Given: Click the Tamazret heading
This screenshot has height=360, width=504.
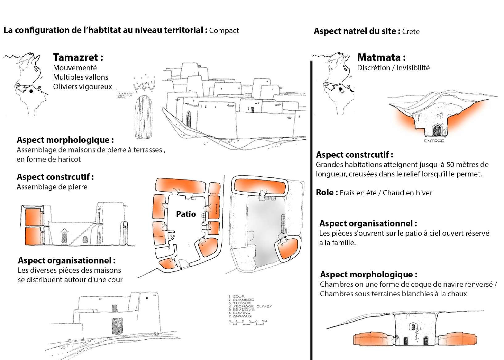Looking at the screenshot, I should (78, 57).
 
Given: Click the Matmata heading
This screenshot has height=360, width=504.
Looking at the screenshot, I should (381, 57).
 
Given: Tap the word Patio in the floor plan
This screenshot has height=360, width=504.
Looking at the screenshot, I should (186, 214).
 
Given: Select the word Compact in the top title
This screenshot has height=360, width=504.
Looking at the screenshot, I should (224, 31).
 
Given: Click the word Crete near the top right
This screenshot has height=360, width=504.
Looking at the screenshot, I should (411, 31).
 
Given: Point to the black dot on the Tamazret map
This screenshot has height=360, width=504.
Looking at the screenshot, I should (31, 91).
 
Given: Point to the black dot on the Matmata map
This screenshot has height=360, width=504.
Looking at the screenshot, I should (340, 89).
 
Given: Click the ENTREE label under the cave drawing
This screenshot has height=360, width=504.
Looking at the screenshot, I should (434, 141).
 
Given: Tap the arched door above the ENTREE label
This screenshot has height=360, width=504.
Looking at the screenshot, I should (437, 130).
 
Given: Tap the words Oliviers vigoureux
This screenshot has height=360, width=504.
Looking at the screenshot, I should (82, 87).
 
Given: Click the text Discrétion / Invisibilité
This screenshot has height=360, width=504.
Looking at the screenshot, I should (393, 68).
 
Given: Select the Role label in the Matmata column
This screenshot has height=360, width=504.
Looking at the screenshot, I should (324, 192).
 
